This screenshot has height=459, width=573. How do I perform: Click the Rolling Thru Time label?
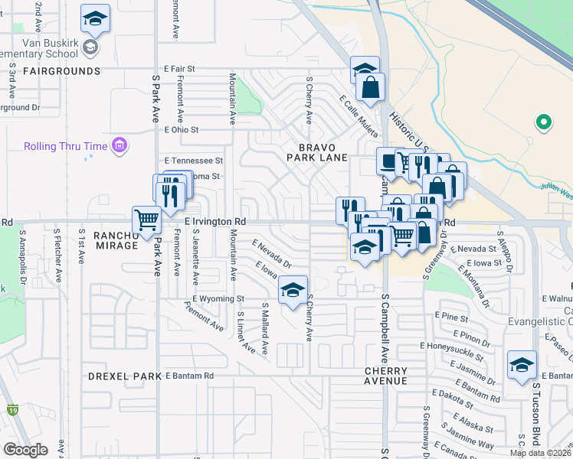click(66, 146)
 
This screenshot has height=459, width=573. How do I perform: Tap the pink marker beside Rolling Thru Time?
click(119, 145)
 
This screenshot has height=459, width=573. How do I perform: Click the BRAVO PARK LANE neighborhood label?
click(317, 151)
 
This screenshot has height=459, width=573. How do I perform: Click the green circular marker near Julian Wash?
click(543, 122)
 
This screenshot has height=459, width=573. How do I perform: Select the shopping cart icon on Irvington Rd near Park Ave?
click(146, 220)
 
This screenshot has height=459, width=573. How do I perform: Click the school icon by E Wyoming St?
click(292, 290)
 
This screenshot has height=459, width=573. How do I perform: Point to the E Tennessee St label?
click(193, 161)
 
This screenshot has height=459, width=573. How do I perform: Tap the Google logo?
click(25, 450)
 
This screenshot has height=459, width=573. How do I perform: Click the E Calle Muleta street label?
click(358, 116)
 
